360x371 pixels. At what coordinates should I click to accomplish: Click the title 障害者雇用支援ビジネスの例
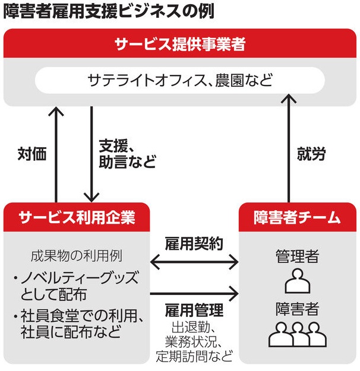pyautogui.click(x=108, y=10)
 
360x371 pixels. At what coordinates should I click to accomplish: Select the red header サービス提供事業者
pyautogui.click(x=180, y=44)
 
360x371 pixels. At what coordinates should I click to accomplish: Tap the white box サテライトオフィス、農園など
pyautogui.click(x=180, y=80)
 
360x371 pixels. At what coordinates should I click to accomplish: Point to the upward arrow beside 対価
pyautogui.click(x=56, y=154)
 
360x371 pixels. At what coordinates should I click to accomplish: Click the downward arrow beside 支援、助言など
pyautogui.click(x=91, y=154)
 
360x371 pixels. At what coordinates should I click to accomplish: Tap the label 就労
pyautogui.click(x=311, y=154)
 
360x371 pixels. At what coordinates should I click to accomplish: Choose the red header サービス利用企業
pyautogui.click(x=77, y=217)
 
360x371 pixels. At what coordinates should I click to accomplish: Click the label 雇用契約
pyautogui.click(x=194, y=243)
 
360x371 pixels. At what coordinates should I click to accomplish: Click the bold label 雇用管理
pyautogui.click(x=194, y=310)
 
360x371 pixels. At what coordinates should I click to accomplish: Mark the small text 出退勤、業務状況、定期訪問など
pyautogui.click(x=194, y=343)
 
